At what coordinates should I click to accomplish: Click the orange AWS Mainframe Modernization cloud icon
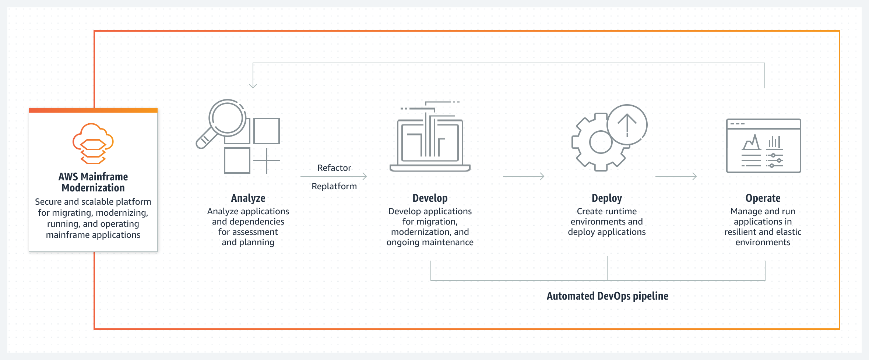[93, 143]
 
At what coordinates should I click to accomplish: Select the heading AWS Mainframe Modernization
[93, 182]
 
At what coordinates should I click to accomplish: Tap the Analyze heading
[248, 198]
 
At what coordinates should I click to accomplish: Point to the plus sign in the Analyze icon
[266, 160]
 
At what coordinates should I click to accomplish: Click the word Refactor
[334, 168]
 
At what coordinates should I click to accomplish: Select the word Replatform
[334, 186]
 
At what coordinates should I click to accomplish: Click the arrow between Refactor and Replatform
[334, 176]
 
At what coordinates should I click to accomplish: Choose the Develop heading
[430, 198]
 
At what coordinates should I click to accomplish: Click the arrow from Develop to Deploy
[524, 176]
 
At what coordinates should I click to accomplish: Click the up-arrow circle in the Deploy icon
[627, 124]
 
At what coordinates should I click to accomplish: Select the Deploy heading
[606, 198]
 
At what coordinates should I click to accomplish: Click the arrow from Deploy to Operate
[676, 176]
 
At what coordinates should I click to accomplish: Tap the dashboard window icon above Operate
[763, 145]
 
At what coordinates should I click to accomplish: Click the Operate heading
[763, 198]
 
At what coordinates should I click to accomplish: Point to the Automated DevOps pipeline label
[607, 296]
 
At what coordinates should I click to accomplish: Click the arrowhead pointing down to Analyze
[253, 86]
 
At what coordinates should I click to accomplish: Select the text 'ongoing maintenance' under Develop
[430, 242]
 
